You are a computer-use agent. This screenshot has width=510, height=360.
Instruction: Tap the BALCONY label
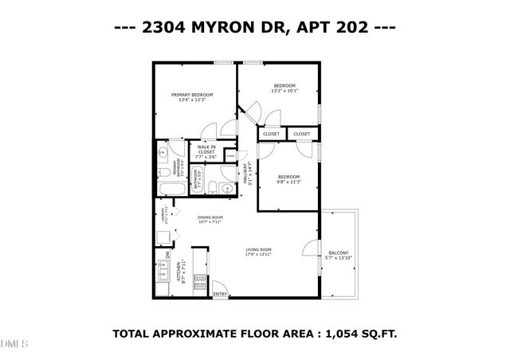(x=339, y=253)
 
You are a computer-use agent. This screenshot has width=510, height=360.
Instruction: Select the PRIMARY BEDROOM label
(x=192, y=94)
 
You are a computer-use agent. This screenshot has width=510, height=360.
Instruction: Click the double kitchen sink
(x=163, y=272)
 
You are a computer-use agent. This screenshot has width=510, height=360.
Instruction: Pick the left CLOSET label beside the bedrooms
(x=271, y=134)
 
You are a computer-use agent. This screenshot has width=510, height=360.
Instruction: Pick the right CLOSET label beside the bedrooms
(x=301, y=134)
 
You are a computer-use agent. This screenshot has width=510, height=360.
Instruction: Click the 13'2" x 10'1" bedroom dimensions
(x=284, y=91)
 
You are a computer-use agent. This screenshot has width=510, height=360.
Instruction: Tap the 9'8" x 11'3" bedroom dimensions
(x=288, y=182)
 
